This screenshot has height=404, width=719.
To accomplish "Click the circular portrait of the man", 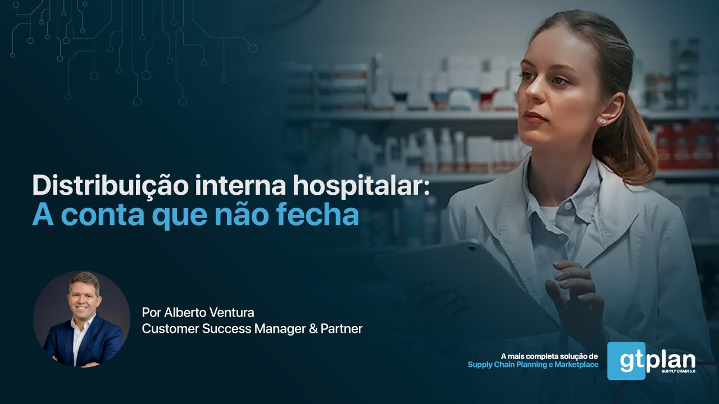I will [x=81, y=319].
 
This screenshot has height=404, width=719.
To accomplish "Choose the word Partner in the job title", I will [x=342, y=329].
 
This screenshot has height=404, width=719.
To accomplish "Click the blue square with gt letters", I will [x=626, y=361].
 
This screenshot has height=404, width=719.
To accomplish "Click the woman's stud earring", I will [x=602, y=121].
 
